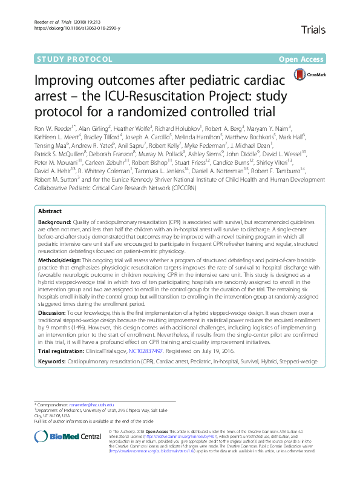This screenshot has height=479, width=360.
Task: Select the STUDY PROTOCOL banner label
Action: pos(75,59)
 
